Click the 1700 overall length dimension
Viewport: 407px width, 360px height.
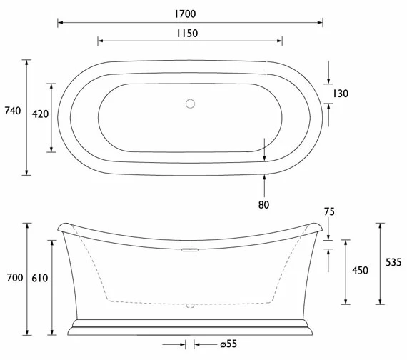(189, 14)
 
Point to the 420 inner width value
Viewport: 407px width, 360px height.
(40, 114)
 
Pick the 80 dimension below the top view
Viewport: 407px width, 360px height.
(265, 206)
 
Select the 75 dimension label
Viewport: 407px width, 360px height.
(328, 211)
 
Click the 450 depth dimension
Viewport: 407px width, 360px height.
(360, 270)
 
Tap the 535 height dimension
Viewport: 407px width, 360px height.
(393, 262)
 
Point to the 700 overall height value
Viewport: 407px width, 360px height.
(12, 277)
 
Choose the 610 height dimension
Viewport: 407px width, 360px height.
(40, 277)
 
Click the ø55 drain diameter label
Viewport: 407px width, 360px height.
(228, 345)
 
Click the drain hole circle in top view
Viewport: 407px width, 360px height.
(190, 104)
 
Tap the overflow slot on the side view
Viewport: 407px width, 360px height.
(189, 250)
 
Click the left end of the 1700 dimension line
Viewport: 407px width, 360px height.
(59, 23)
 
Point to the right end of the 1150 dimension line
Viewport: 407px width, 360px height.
(281, 41)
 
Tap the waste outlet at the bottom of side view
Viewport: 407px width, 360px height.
(189, 306)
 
